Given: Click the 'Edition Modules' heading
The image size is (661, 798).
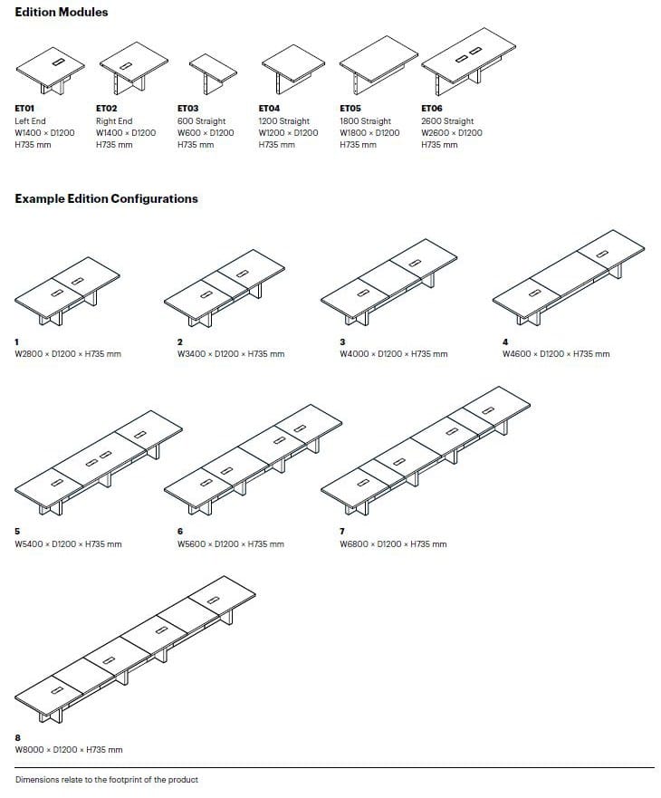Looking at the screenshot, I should pos(62,13).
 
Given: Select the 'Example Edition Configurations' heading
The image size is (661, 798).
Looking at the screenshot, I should pos(106,198).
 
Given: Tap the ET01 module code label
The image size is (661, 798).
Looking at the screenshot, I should pos(24,109).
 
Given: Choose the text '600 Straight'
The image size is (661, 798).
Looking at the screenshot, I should pos(201,121).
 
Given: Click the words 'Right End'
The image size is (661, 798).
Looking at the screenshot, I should pos(114,121).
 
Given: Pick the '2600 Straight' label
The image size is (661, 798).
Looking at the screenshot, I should pos(447,121).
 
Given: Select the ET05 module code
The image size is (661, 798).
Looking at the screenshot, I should pos(350,109).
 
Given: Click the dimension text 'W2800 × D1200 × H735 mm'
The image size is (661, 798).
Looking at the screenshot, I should pos(67,354).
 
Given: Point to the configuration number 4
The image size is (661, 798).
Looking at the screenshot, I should pos(505,341).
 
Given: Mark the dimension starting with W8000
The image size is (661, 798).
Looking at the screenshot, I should pos(68,750).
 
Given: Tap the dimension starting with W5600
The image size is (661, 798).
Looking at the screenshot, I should pos(230,544).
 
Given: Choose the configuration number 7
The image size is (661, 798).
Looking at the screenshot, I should pos(342,532).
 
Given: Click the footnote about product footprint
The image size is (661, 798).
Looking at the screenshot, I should pos(106,780).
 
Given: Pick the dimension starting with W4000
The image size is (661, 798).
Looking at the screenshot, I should pos(393,354).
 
